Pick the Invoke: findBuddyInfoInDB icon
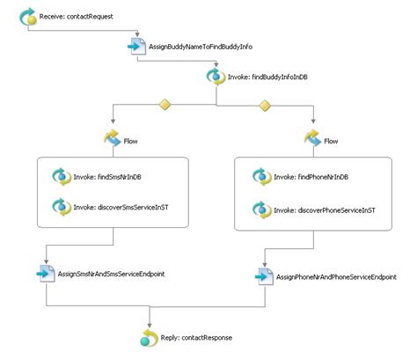click(212, 77)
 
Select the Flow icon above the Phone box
click(310, 137)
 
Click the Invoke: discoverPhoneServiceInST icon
click(260, 209)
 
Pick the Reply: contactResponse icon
click(149, 338)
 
